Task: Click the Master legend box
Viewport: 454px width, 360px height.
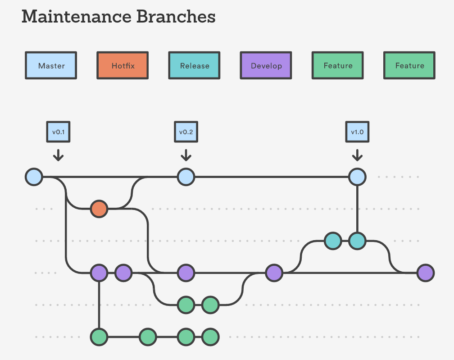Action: (x=51, y=65)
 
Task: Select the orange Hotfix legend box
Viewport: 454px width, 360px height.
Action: (x=123, y=65)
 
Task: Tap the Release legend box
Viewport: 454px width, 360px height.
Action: (x=194, y=65)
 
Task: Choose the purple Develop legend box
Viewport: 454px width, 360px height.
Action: (x=266, y=65)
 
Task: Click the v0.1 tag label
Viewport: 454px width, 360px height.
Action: (x=58, y=132)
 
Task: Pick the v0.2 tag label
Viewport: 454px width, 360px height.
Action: (x=186, y=132)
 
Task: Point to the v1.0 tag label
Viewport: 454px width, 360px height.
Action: (x=357, y=132)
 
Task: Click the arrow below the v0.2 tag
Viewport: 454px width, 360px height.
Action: (x=186, y=155)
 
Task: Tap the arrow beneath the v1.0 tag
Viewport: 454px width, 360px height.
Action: (x=357, y=155)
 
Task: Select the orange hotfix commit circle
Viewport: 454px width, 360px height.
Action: (x=99, y=209)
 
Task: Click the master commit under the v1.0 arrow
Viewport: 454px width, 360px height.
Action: (x=357, y=177)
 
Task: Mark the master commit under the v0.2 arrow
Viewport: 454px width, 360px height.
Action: (x=186, y=177)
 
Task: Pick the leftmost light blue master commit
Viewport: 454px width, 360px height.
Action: (x=34, y=177)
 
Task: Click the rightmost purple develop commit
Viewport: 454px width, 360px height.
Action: (x=426, y=273)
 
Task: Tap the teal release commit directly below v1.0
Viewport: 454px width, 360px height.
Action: (x=357, y=241)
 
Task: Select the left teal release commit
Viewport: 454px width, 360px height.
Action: (x=333, y=241)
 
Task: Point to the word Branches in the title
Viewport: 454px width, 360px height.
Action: (x=176, y=17)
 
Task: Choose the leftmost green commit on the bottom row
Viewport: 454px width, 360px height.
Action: (x=99, y=337)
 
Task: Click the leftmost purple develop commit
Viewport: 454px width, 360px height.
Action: (x=99, y=273)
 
